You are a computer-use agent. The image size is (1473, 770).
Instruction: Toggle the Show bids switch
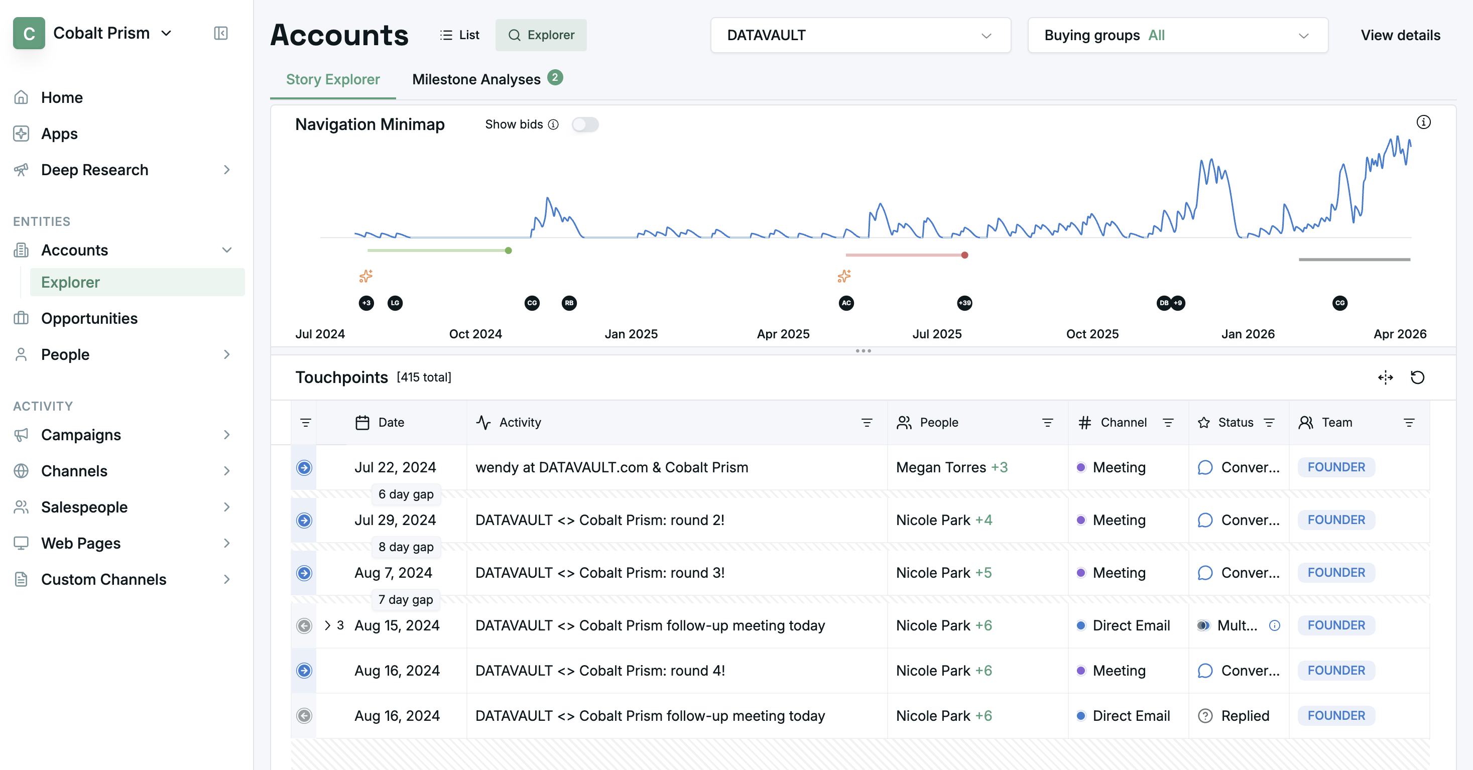(585, 124)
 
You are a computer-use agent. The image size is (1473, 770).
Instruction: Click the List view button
(460, 35)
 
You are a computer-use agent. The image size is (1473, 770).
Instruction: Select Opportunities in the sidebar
(89, 318)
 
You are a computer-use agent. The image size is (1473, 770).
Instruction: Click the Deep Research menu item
(94, 170)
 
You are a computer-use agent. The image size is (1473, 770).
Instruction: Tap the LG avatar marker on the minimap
(395, 303)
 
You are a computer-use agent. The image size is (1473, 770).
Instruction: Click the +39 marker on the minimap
(964, 303)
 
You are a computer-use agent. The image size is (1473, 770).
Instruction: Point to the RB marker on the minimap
(569, 303)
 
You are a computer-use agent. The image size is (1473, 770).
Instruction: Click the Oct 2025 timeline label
(1092, 334)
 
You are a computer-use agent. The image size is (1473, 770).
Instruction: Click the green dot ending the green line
(509, 250)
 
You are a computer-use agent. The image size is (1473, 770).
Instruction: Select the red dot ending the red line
(964, 255)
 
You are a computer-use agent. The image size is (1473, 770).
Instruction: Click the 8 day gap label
(406, 547)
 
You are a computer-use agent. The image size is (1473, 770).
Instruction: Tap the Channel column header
(1123, 423)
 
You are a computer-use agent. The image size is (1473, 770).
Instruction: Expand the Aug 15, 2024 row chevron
(328, 625)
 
